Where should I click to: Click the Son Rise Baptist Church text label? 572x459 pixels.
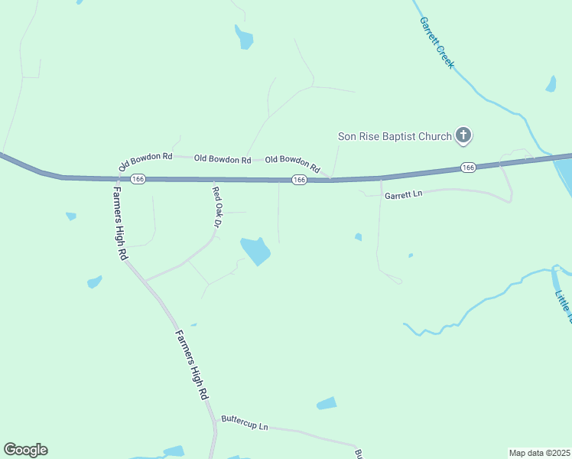[x=395, y=137]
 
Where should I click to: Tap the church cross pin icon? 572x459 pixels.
[x=463, y=136]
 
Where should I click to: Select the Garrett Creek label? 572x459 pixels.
[x=437, y=43]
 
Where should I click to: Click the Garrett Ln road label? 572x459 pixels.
[x=404, y=196]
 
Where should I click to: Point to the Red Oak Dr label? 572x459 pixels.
[x=216, y=208]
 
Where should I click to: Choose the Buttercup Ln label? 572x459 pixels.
[x=245, y=422]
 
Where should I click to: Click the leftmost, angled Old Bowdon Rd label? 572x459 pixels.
[x=145, y=161]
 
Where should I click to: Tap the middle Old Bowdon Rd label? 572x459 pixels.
[x=223, y=159]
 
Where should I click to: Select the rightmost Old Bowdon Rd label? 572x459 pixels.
[x=292, y=161]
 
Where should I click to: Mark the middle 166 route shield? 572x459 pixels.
[x=299, y=179]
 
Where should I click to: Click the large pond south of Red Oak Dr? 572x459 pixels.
[x=255, y=250]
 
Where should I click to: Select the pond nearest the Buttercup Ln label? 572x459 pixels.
[x=327, y=403]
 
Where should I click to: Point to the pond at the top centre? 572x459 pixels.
[x=244, y=37]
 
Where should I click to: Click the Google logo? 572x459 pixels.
[x=25, y=450]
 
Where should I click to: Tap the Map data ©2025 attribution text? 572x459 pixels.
[x=539, y=452]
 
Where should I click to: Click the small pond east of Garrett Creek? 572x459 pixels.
[x=551, y=84]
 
